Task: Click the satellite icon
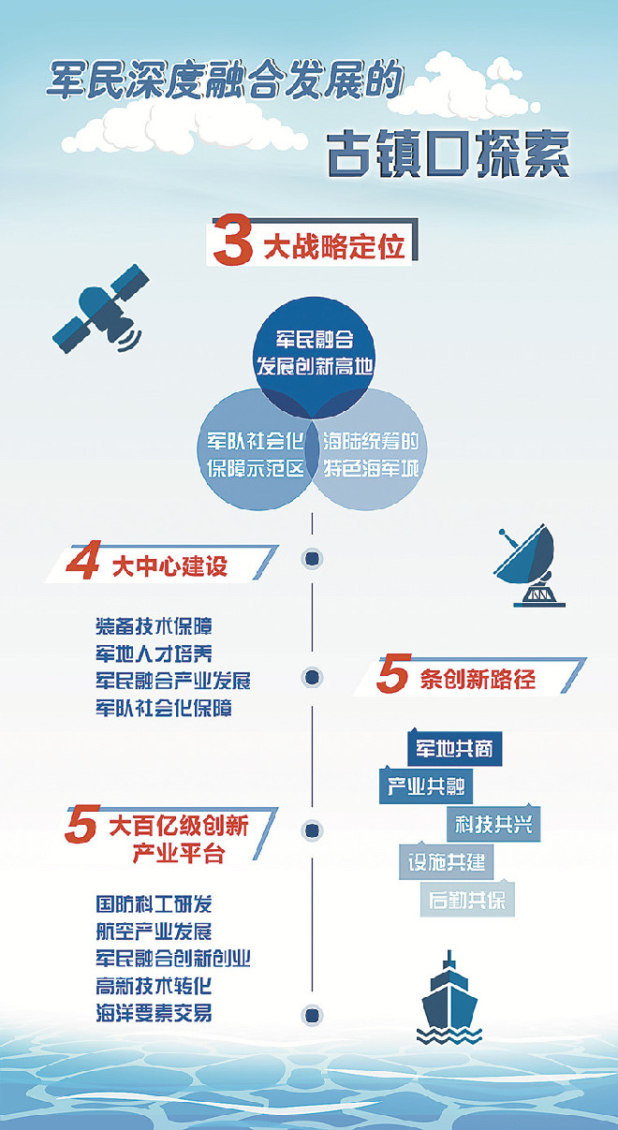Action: pyautogui.click(x=101, y=309)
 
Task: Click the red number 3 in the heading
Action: pyautogui.click(x=232, y=240)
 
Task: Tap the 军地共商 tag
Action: pyautogui.click(x=454, y=748)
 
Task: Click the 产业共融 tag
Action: pyautogui.click(x=426, y=785)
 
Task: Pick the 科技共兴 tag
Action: pyautogui.click(x=493, y=824)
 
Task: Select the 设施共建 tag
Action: pyautogui.click(x=446, y=861)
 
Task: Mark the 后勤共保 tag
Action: pyautogui.click(x=467, y=900)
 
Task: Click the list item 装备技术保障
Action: pyautogui.click(x=154, y=626)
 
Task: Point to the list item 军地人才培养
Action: pyautogui.click(x=154, y=653)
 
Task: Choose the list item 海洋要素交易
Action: pyautogui.click(x=154, y=1012)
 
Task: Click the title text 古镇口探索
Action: pyautogui.click(x=449, y=154)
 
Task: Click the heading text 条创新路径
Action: pyautogui.click(x=478, y=680)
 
